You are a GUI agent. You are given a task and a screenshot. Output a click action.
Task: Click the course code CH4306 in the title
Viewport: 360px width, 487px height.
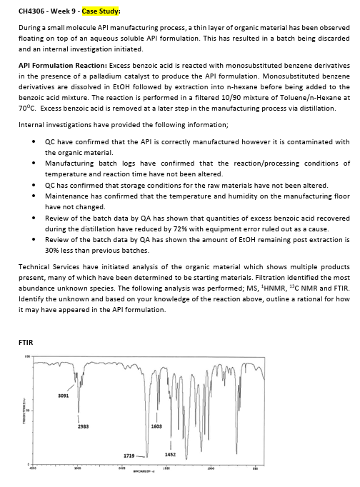coord(33,11)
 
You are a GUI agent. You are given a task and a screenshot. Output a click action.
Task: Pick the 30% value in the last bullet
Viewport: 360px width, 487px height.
coord(52,251)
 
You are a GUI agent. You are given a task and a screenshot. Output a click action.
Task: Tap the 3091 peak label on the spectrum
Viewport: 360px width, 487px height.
coord(64,395)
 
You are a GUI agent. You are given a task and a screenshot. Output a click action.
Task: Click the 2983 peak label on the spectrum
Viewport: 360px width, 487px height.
coord(83,427)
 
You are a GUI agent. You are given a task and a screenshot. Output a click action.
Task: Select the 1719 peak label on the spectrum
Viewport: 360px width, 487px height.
coord(129,455)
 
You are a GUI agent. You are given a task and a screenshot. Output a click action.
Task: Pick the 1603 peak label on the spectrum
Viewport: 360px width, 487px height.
coord(157,426)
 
